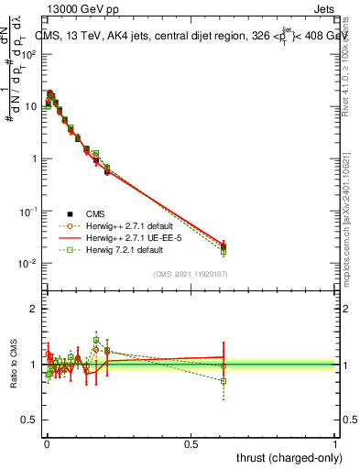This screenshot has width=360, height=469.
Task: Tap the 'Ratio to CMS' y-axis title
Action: coord(12,364)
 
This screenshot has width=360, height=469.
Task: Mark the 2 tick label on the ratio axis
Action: coord(34,309)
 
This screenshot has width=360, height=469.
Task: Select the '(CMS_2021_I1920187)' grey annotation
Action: coord(191,274)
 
